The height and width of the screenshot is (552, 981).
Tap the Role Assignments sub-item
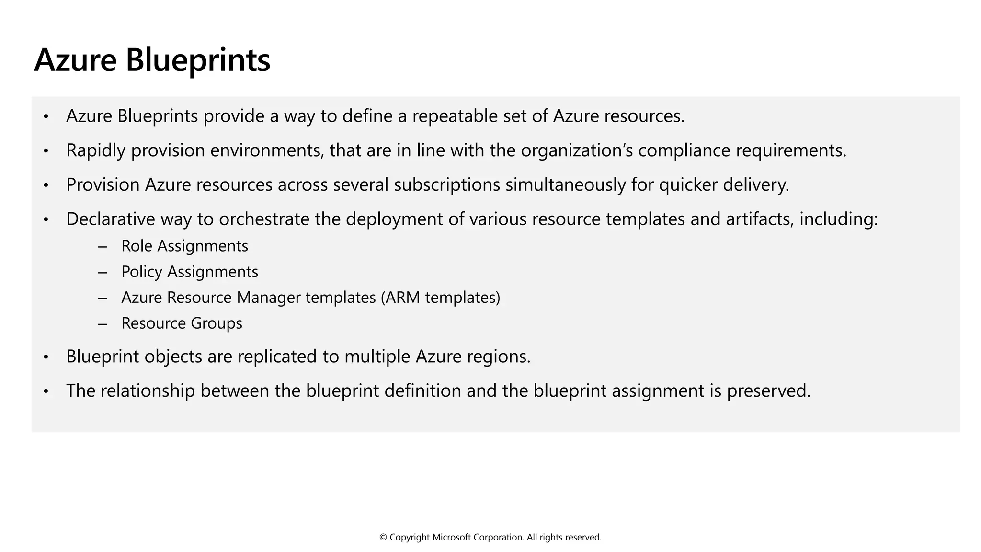(184, 246)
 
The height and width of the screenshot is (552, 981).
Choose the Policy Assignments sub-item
(189, 272)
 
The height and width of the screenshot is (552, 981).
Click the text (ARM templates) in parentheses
(440, 298)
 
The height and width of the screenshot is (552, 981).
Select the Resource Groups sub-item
(182, 324)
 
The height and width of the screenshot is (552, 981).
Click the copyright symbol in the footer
(383, 538)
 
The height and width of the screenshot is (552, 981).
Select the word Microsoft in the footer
(451, 538)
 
